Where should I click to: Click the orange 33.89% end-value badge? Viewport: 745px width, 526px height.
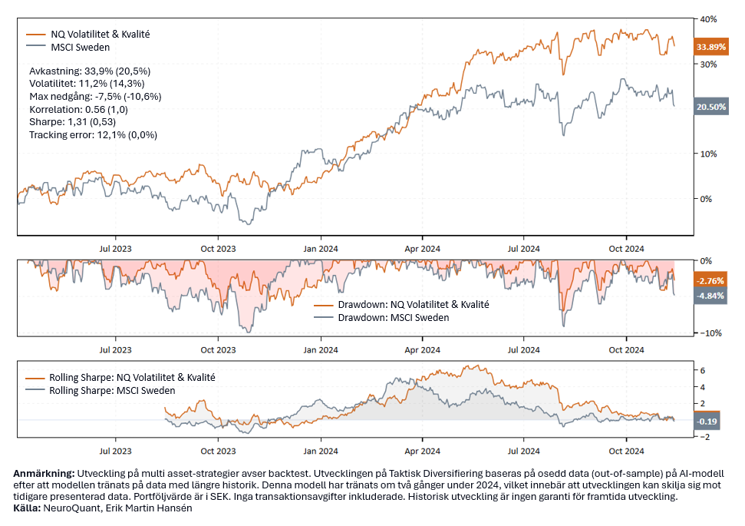tap(710, 48)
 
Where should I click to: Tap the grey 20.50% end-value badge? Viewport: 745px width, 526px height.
tap(710, 108)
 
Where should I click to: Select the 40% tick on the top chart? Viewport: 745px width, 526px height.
tap(707, 18)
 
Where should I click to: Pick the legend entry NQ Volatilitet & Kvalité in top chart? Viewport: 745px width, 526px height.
tap(99, 34)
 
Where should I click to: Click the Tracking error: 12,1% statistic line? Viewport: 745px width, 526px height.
tap(93, 135)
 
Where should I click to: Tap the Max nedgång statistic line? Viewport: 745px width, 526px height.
tap(95, 96)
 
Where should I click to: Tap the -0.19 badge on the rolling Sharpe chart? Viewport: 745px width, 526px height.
tap(707, 422)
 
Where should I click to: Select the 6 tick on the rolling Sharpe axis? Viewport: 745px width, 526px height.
tap(700, 370)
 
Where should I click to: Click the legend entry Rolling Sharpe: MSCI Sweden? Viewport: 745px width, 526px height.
tap(112, 390)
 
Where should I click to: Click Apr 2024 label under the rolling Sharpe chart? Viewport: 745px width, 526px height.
tap(421, 451)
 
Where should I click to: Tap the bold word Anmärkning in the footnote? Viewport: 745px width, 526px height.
tap(43, 474)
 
